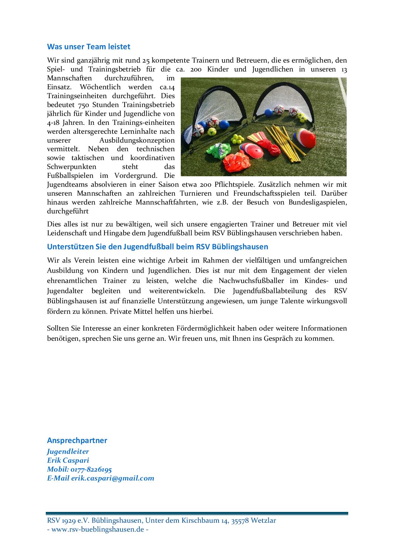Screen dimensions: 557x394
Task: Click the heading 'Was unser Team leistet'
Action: [x=89, y=47]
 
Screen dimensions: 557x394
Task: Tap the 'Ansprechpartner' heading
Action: [x=77, y=440]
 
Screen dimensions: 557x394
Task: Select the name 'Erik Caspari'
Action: [x=68, y=460]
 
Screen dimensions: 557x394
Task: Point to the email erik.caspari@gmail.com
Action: [x=112, y=478]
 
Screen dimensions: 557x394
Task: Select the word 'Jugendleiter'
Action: [x=68, y=452]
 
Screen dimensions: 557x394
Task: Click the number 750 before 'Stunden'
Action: [x=82, y=105]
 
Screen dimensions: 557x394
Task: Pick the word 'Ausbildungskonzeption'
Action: [x=137, y=140]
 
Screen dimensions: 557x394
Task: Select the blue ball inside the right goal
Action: [x=269, y=113]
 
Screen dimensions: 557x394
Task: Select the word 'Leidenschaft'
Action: [x=67, y=233]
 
